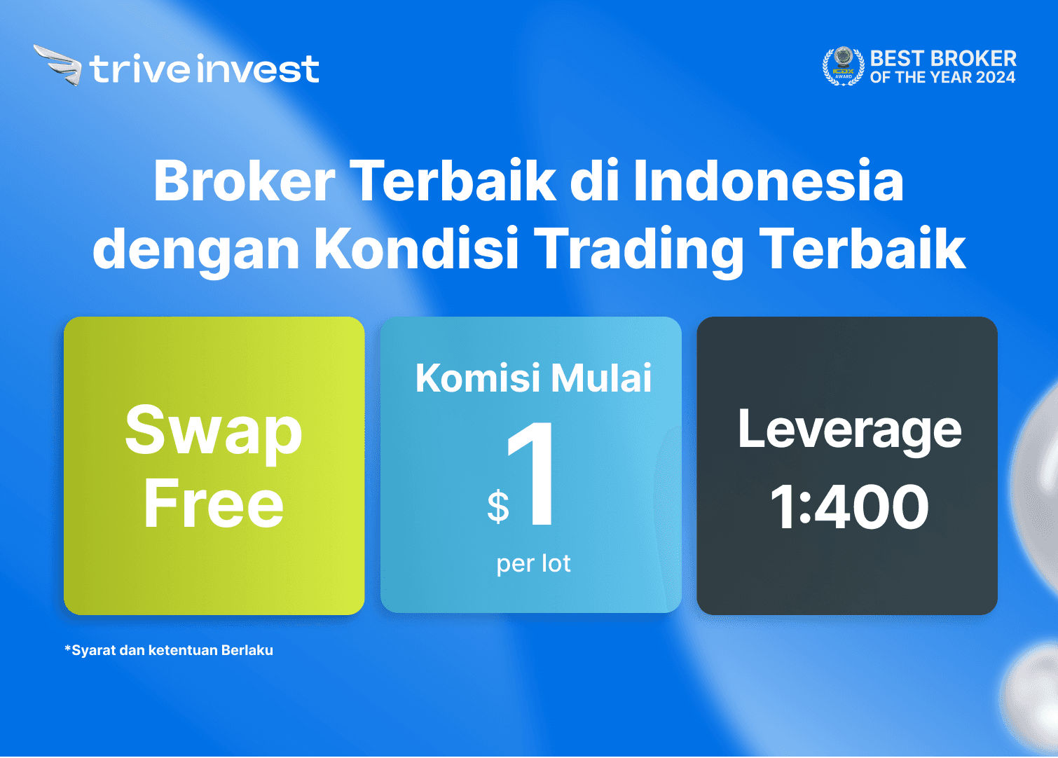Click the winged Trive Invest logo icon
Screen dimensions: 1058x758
coord(57,65)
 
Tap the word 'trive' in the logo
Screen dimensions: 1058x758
coord(140,69)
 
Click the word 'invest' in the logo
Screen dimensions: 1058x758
coord(258,69)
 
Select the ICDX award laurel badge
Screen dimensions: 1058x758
coord(843,66)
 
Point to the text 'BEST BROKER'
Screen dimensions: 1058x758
coord(943,59)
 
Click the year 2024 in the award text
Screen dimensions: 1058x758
coord(996,77)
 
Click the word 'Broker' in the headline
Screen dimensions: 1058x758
coord(245,181)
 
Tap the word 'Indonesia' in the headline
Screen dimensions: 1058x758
coord(769,181)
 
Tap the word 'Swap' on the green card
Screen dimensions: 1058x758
coord(214,434)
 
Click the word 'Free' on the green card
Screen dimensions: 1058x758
coord(214,504)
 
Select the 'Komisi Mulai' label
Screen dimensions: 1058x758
coord(533,378)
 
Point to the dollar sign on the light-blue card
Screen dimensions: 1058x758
coord(498,507)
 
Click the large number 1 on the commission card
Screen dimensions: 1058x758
coord(531,474)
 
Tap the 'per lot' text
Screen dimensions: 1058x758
coord(533,564)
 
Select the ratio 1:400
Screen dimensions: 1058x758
coord(849,507)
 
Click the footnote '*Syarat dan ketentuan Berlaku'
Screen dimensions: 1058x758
coord(169,650)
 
